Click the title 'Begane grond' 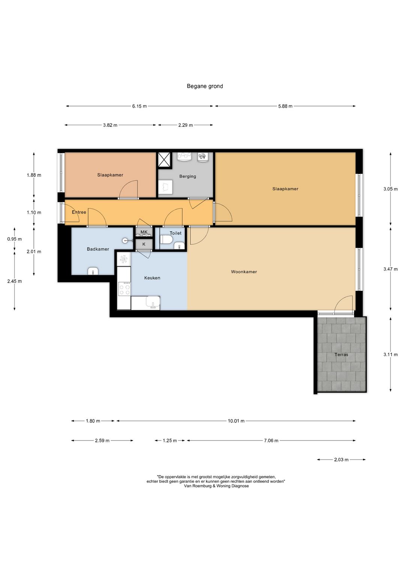click(x=205, y=86)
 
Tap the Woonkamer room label click(x=244, y=272)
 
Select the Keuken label click(x=152, y=278)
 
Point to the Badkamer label click(x=98, y=249)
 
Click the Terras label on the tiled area click(x=341, y=355)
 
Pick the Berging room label click(x=187, y=176)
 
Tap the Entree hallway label click(x=79, y=212)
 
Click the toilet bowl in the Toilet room click(x=166, y=240)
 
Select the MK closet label click(x=144, y=232)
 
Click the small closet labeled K click(x=144, y=244)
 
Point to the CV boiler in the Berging click(x=202, y=157)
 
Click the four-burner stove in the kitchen click(x=124, y=289)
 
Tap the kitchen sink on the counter click(x=153, y=302)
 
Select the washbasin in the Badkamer click(x=93, y=271)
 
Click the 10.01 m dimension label click(x=236, y=421)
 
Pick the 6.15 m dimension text click(x=139, y=106)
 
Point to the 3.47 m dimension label click(x=390, y=269)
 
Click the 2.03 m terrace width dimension click(x=341, y=460)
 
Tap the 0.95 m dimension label click(x=14, y=239)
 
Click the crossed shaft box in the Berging click(x=164, y=160)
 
